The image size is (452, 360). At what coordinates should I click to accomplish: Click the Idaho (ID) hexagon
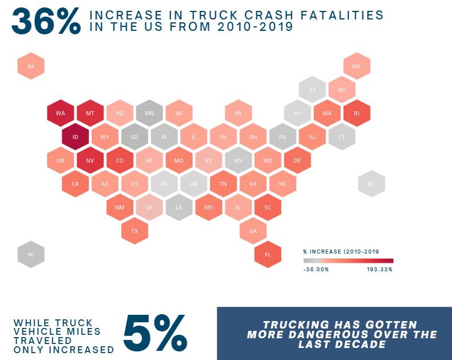[x=75, y=137]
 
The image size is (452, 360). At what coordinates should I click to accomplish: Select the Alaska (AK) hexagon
[x=31, y=66]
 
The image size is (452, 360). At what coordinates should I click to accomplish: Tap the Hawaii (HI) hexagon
[x=31, y=254]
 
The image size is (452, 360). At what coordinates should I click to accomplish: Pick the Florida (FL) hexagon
[x=268, y=254]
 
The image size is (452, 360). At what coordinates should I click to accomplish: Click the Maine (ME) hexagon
[x=356, y=66]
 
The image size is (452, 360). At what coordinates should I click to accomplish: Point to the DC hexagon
[x=371, y=184]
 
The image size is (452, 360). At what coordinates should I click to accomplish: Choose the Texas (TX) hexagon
[x=134, y=231]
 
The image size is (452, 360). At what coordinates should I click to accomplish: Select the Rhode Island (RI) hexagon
[x=356, y=113]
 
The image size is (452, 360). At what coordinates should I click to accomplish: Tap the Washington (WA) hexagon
[x=60, y=113]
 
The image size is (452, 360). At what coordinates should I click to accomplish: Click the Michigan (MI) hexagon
[x=238, y=113]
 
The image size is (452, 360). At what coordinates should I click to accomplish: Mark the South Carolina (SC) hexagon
[x=268, y=207]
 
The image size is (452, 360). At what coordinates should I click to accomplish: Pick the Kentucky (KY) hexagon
[x=208, y=160]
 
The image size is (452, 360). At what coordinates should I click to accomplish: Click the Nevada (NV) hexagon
[x=90, y=160]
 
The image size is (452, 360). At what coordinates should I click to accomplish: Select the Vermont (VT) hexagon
[x=312, y=90]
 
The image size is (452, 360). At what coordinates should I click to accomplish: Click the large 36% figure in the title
[x=46, y=21]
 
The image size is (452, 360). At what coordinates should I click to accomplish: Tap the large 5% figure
[x=154, y=333]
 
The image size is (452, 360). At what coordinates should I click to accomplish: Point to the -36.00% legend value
[x=316, y=269]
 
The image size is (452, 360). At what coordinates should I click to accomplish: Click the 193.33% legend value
[x=380, y=269]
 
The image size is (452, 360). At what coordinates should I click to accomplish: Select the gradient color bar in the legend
[x=348, y=260]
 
